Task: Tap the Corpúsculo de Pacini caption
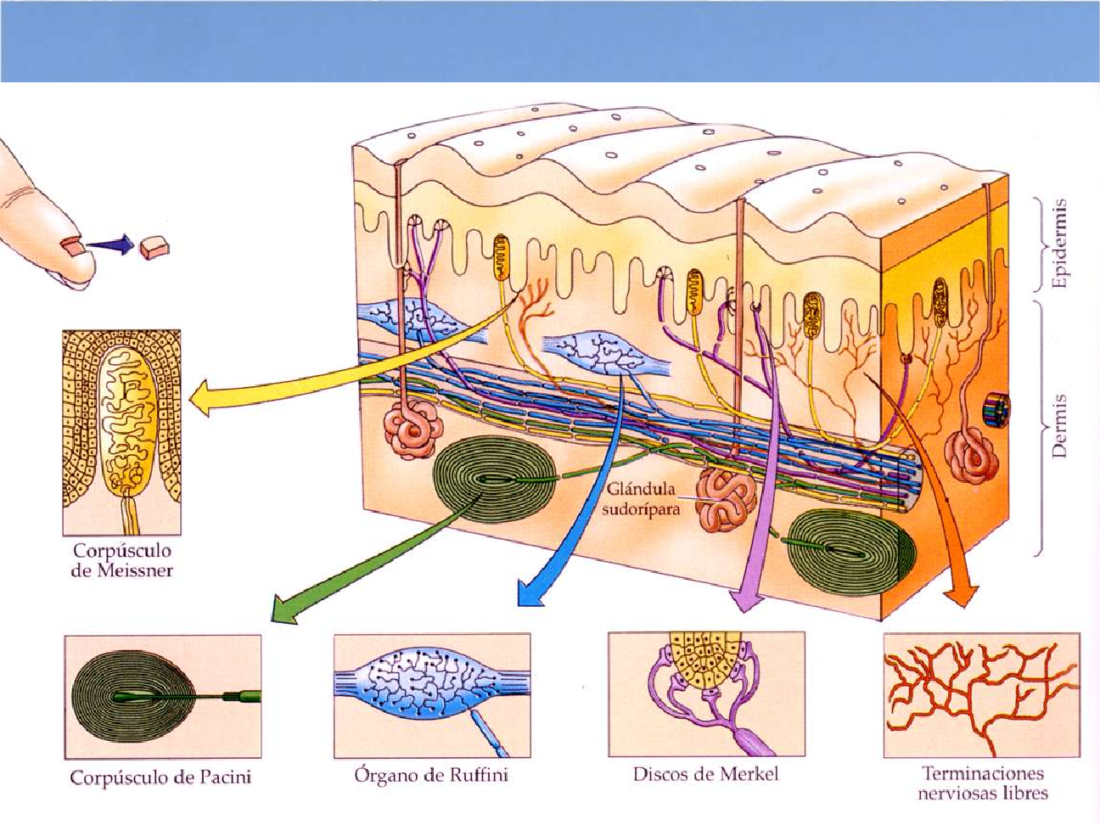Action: [x=161, y=777]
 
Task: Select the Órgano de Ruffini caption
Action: [x=432, y=775]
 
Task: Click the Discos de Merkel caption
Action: [x=705, y=773]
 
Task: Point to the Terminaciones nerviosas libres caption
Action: [x=983, y=783]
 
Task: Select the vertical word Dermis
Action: [x=1058, y=424]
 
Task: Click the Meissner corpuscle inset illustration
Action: [x=121, y=431]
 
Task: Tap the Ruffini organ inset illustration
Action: [x=432, y=695]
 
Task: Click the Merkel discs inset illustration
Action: [x=706, y=694]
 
